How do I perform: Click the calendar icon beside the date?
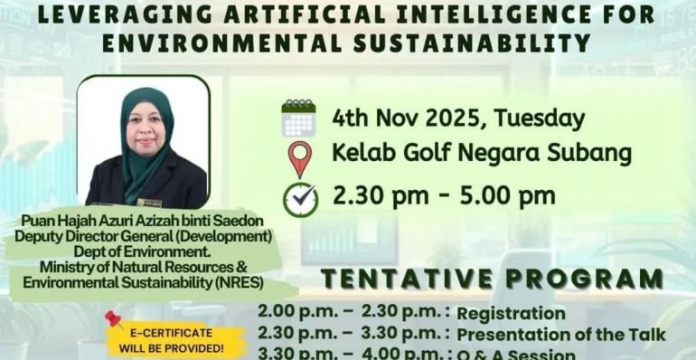pos(298,118)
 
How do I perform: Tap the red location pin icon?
pos(299,158)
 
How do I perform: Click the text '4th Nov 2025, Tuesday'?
pos(458,118)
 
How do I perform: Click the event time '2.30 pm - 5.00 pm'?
pos(444,194)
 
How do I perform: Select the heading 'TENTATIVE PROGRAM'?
pos(492,279)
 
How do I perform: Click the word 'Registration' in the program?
pos(511,314)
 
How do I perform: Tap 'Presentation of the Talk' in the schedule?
pos(560,335)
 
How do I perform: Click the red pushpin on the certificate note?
pos(114,319)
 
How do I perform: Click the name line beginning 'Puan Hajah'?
pos(151,222)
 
